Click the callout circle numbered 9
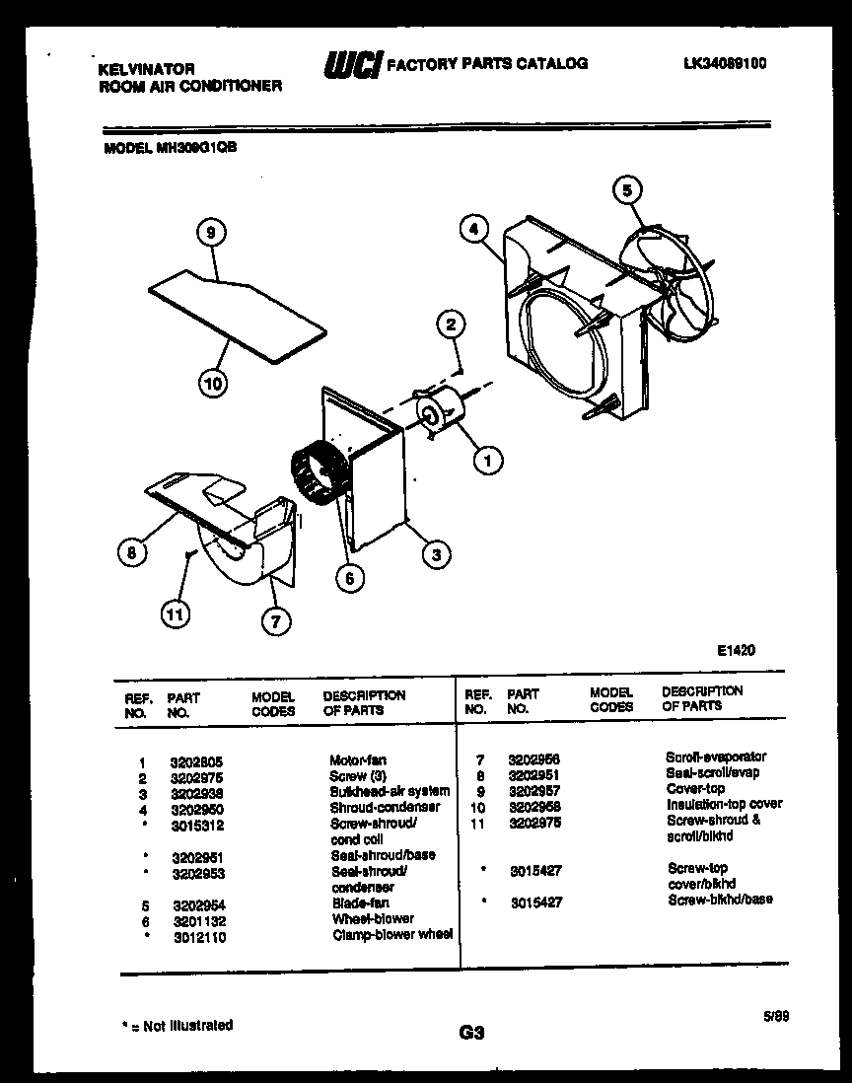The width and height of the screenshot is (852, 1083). (x=210, y=232)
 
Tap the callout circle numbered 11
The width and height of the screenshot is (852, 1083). (x=175, y=614)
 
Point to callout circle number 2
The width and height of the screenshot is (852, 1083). (x=451, y=325)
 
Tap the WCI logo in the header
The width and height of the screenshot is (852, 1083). (x=352, y=65)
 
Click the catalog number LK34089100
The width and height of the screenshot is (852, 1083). (x=725, y=63)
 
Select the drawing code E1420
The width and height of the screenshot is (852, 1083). (x=736, y=650)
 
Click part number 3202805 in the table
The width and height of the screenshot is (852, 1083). (x=198, y=761)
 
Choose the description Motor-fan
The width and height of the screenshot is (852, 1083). (x=358, y=760)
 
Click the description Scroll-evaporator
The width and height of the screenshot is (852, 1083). (x=715, y=758)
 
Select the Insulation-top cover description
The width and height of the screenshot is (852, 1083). (x=724, y=804)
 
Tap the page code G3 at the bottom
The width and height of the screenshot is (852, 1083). (x=472, y=1033)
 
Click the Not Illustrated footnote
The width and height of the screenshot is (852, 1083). (x=177, y=1026)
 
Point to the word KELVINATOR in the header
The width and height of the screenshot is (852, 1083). (x=147, y=69)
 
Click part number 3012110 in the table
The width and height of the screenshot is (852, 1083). (x=198, y=936)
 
